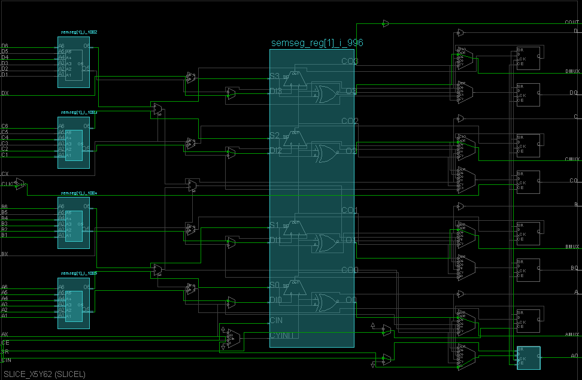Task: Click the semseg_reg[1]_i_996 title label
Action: [x=317, y=43]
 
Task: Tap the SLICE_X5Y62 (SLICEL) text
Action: [x=44, y=374]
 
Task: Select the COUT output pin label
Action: [x=571, y=22]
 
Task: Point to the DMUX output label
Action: [x=572, y=71]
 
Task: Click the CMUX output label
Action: [x=572, y=159]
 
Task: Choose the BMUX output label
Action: [x=572, y=247]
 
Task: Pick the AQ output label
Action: [x=574, y=355]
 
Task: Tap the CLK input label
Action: [x=7, y=184]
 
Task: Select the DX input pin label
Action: [x=5, y=93]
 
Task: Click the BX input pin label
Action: [x=5, y=254]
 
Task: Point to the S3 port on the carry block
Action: [x=274, y=77]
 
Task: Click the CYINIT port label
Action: [x=281, y=335]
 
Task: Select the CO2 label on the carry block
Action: [x=350, y=121]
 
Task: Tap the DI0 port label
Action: [x=275, y=299]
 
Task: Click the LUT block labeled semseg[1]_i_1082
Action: [x=73, y=62]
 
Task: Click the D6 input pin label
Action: [x=5, y=45]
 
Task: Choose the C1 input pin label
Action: [x=5, y=155]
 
